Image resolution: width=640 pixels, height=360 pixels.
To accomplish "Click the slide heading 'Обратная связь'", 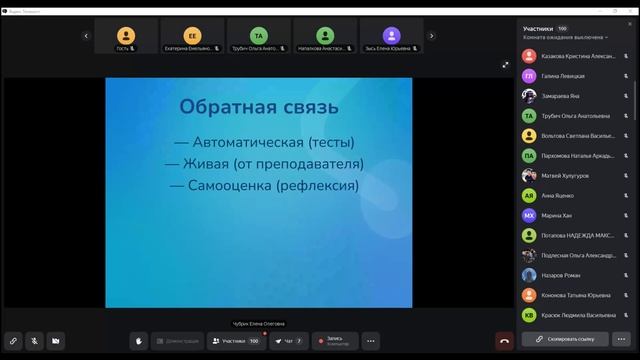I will click(x=258, y=106).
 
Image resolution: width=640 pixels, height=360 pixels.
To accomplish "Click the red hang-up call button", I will click(x=505, y=341).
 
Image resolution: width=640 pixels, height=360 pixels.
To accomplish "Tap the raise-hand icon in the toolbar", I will click(x=139, y=341).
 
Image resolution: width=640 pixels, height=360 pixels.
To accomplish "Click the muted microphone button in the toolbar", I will click(x=34, y=341).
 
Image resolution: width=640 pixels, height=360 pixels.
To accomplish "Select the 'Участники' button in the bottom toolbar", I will click(x=236, y=341).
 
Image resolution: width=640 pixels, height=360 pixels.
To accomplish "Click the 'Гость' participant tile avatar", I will click(x=124, y=34).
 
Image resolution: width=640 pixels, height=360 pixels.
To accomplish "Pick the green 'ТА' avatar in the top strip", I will click(x=259, y=34).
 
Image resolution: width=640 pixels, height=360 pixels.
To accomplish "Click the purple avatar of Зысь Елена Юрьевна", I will click(x=394, y=34).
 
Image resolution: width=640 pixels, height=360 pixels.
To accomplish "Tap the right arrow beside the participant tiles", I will click(x=431, y=35).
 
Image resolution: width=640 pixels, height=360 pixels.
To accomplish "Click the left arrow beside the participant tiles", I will click(x=86, y=35).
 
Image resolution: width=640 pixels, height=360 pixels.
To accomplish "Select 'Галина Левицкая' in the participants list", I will click(x=563, y=75).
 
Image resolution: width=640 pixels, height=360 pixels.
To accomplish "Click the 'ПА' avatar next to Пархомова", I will click(x=529, y=155).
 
